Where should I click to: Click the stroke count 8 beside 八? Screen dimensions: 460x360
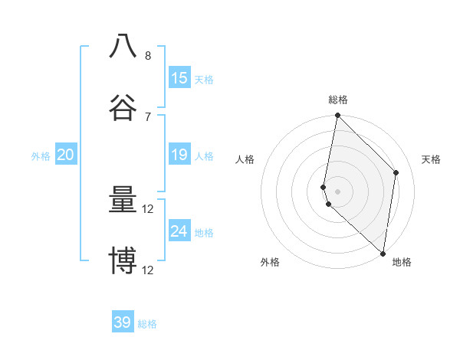click(x=148, y=56)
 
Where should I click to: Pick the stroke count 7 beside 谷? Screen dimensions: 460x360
click(x=148, y=116)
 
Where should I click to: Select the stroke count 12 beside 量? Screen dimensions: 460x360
click(x=148, y=209)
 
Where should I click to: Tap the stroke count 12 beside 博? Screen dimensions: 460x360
click(x=148, y=270)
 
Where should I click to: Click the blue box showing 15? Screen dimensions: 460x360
click(x=179, y=78)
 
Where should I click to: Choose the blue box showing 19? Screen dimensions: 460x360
click(x=179, y=155)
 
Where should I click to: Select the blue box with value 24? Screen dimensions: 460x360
click(x=179, y=231)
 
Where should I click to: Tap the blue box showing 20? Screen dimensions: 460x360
click(x=65, y=155)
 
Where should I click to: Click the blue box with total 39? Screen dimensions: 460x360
click(x=123, y=322)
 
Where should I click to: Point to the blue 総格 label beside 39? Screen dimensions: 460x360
click(x=148, y=324)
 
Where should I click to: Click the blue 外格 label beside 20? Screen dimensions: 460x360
click(x=41, y=156)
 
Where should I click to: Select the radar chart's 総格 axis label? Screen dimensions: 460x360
click(x=338, y=100)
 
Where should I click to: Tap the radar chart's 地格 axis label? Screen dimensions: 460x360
click(x=402, y=262)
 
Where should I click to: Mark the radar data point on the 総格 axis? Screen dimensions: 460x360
click(x=337, y=116)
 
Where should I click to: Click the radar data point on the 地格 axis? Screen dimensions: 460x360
click(x=383, y=253)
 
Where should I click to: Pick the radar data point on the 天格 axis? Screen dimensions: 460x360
click(x=396, y=173)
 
